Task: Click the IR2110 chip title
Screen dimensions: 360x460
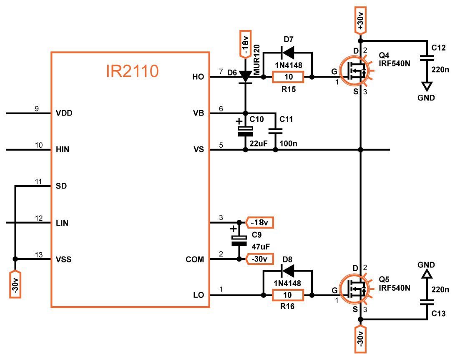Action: click(132, 71)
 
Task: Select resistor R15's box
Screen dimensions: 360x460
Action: click(288, 77)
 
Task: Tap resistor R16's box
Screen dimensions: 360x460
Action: click(288, 295)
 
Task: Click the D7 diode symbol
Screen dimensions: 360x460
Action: click(288, 52)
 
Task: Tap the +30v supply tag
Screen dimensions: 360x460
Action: click(361, 20)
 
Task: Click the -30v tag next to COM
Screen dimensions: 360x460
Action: click(259, 259)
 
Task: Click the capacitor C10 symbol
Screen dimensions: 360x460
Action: click(245, 131)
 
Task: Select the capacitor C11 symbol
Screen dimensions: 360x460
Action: click(275, 131)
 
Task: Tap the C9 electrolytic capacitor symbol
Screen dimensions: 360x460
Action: click(239, 240)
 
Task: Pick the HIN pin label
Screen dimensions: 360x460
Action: click(62, 149)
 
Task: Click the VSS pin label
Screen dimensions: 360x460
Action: click(63, 259)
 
